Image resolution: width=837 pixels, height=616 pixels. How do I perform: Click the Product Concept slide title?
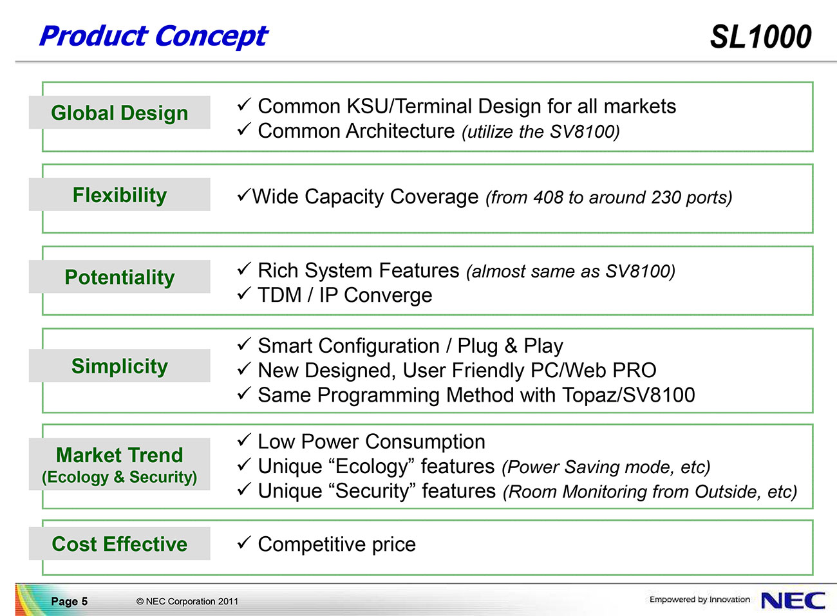[x=154, y=37]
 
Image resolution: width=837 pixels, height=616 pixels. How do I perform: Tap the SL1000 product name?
[x=761, y=37]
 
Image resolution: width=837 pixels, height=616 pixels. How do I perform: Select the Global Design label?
[x=120, y=113]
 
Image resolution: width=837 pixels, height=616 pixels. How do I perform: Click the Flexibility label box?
[x=120, y=194]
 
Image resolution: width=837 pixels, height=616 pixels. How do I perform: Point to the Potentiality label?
[x=120, y=277]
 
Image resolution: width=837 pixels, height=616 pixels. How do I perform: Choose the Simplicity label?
[x=120, y=366]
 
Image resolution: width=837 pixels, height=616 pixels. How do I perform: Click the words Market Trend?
[x=120, y=455]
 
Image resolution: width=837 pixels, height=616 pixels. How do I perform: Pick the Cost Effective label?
[x=120, y=543]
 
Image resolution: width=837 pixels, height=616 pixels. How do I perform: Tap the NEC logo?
[x=793, y=601]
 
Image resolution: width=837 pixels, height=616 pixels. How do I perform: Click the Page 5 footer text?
[x=69, y=601]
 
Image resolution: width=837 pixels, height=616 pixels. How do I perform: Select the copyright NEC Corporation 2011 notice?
[x=187, y=601]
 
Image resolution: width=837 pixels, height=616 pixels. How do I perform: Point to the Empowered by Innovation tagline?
[x=699, y=599]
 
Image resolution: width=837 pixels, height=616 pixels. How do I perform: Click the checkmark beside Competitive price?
[x=244, y=543]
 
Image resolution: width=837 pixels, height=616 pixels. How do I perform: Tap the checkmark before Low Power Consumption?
[x=244, y=440]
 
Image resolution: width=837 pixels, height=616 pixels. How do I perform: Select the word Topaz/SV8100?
[x=628, y=395]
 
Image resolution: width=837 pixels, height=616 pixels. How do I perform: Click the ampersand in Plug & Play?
[x=511, y=346]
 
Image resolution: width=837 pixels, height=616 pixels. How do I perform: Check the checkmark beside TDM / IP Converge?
[x=244, y=294]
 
